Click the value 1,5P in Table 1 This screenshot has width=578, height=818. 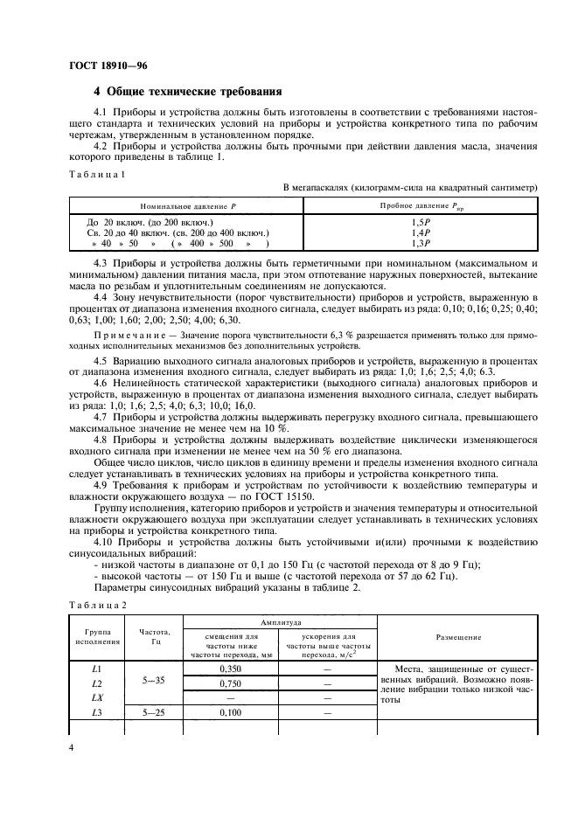point(421,223)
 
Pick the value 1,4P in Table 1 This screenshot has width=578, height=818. point(421,233)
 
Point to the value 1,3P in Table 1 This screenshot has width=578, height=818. point(421,244)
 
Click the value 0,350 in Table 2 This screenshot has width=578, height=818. point(231,669)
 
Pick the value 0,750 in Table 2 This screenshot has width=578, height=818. point(231,683)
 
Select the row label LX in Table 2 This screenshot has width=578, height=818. point(97,698)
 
